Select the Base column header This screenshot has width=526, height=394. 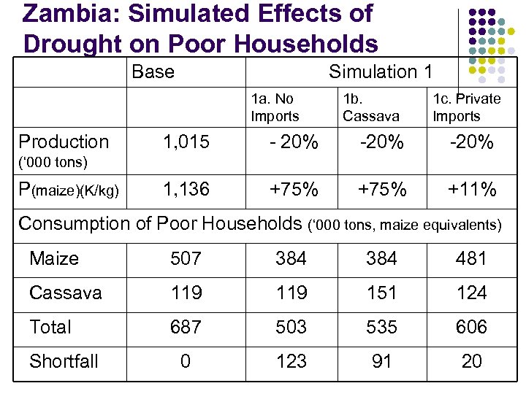[153, 72]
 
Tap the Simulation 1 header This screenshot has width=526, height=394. [381, 72]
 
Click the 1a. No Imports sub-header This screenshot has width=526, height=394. [275, 107]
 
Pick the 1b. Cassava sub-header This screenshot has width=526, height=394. [370, 107]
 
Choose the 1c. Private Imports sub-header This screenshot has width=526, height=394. [466, 107]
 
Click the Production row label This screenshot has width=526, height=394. [64, 142]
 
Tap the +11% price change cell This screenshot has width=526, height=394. [471, 190]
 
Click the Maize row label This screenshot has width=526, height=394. [54, 258]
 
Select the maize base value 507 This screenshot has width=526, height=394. [186, 259]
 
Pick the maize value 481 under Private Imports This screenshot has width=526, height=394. [471, 259]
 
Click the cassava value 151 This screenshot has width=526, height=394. [381, 293]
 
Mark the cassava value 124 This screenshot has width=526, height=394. [471, 293]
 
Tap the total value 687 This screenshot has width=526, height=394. [186, 328]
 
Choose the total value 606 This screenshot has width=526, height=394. [471, 328]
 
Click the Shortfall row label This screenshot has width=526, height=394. [64, 361]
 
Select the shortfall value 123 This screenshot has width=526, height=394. [291, 362]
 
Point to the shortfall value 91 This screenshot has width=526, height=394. [381, 362]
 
